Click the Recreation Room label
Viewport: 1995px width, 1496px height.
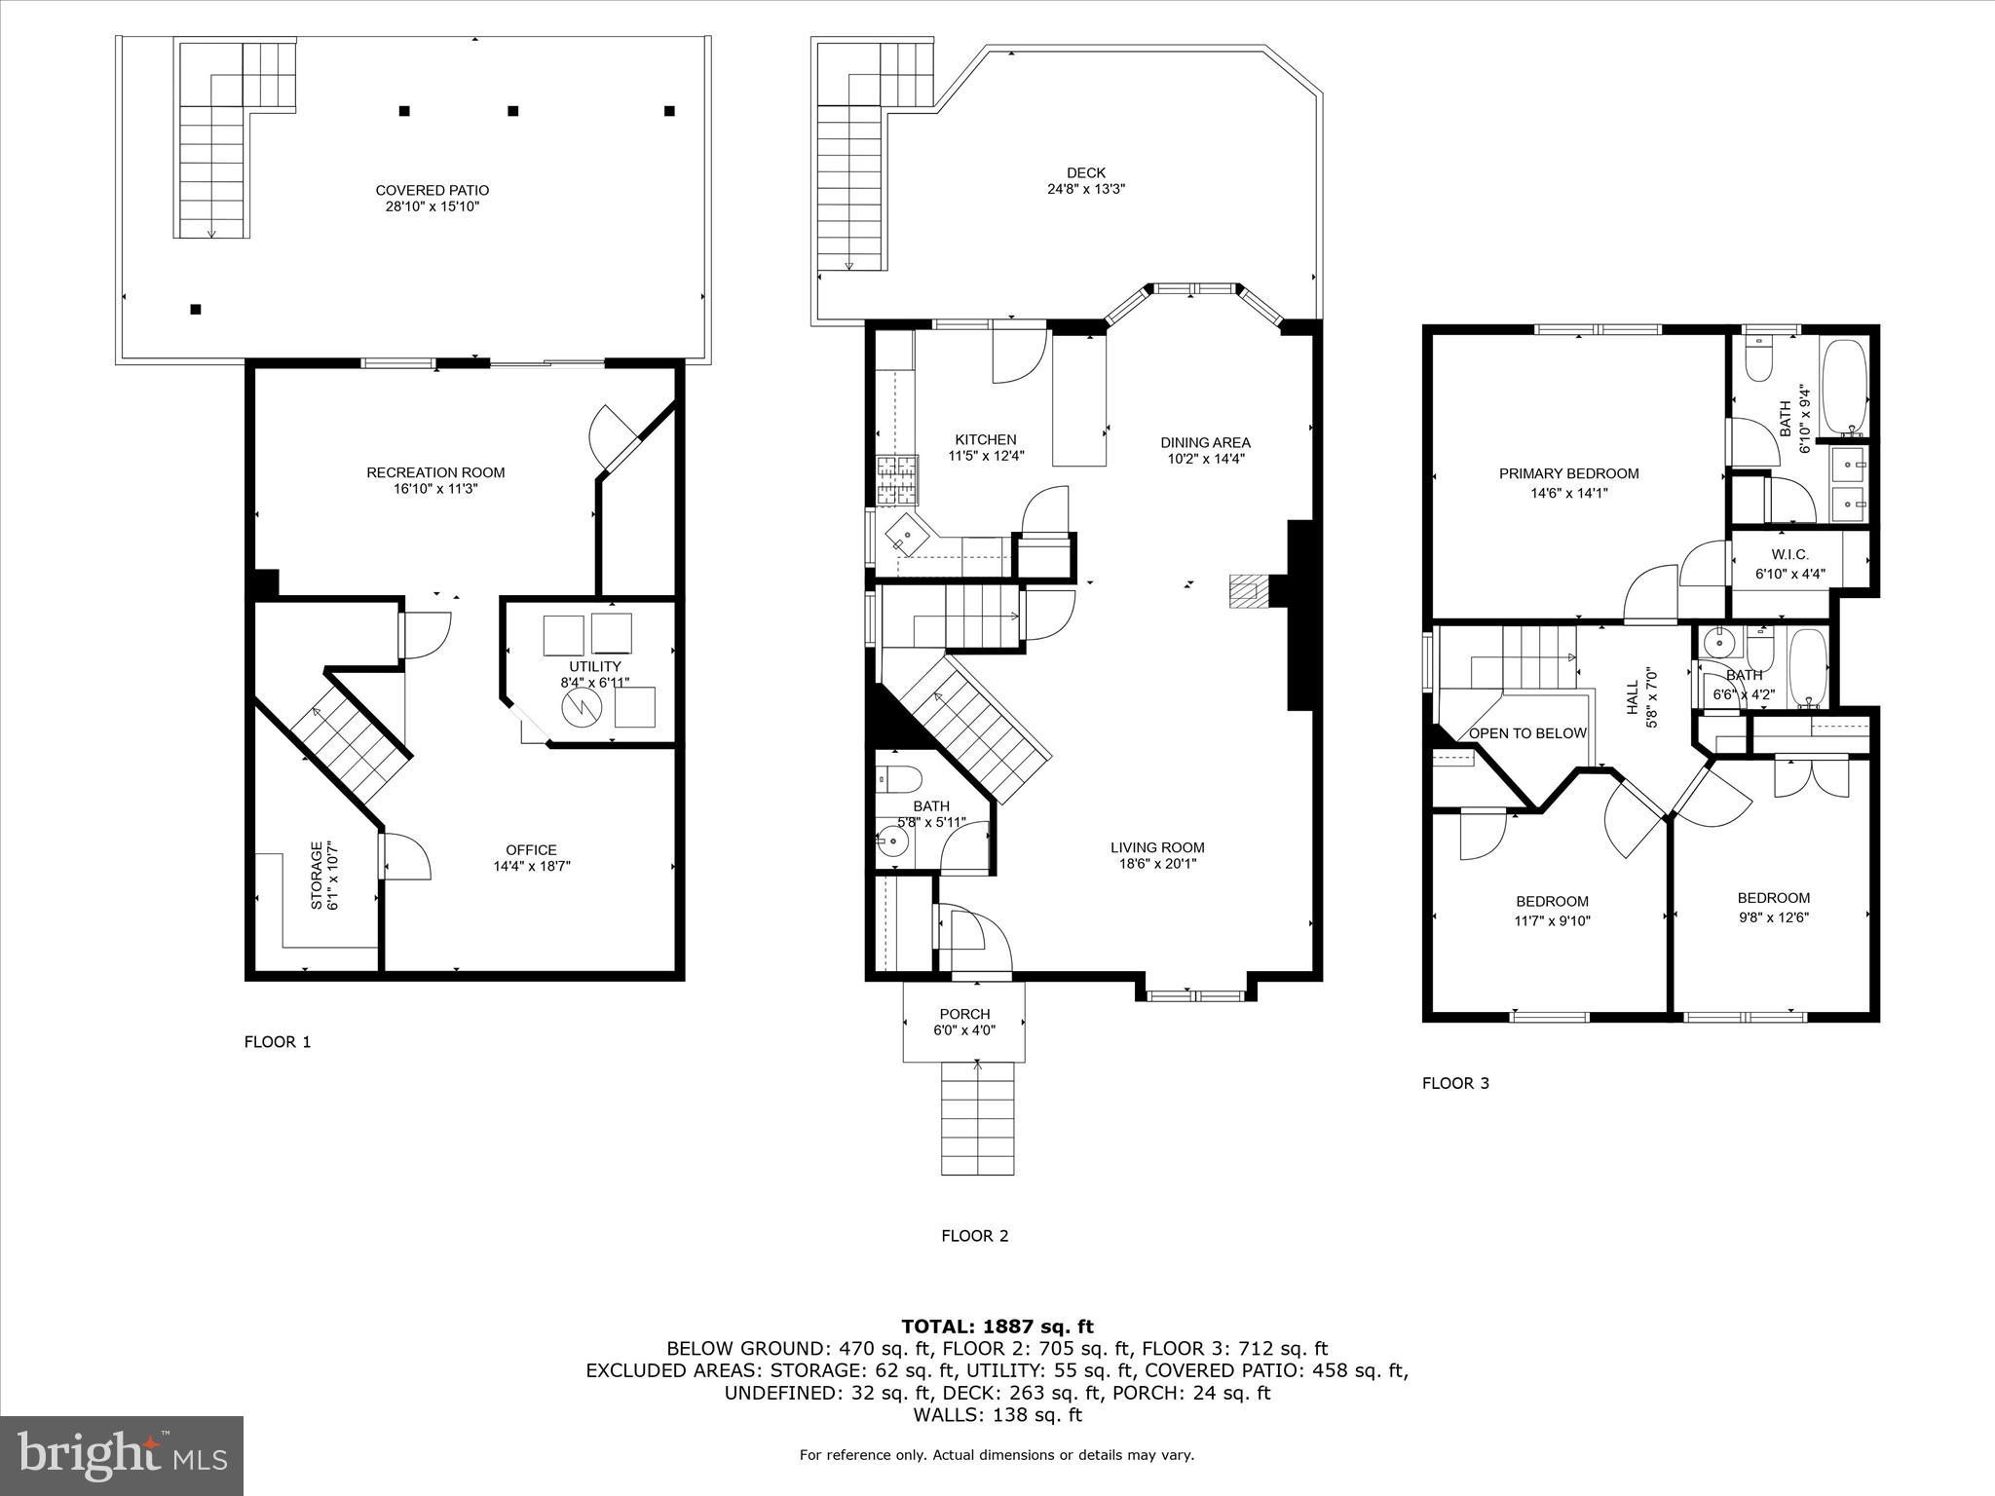click(x=435, y=472)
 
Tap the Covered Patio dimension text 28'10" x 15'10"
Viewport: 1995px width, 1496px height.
click(x=433, y=206)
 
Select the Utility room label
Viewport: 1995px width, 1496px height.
click(x=595, y=666)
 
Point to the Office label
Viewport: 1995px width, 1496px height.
click(x=531, y=849)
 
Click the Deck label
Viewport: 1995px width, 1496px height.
click(x=1085, y=172)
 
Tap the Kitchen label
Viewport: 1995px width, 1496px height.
click(x=985, y=439)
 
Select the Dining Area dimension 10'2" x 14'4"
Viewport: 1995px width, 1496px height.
click(x=1206, y=458)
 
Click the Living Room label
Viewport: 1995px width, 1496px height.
click(x=1157, y=847)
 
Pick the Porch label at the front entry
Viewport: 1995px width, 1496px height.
click(x=964, y=1014)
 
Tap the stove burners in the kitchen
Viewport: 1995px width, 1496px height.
click(x=896, y=479)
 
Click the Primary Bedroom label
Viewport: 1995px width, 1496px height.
click(x=1568, y=473)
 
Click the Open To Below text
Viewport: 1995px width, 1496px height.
click(x=1526, y=733)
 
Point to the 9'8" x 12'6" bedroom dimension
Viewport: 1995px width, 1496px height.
click(x=1773, y=916)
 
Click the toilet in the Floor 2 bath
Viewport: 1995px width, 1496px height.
click(x=898, y=779)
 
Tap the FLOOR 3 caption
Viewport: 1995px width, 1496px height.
click(x=1455, y=1083)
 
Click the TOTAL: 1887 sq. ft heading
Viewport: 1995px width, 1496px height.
click(x=997, y=1326)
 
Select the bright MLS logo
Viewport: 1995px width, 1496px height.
click(x=122, y=1456)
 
